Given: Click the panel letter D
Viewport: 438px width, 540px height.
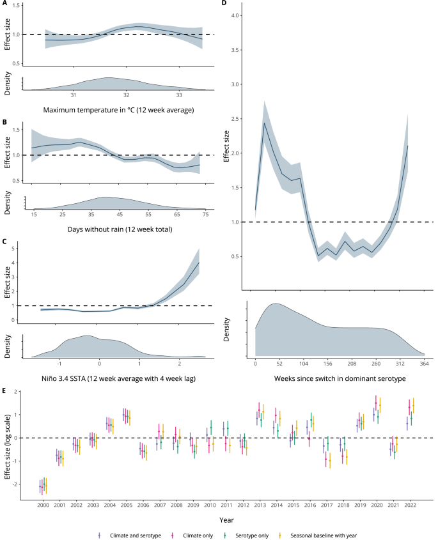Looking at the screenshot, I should (224, 4).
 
